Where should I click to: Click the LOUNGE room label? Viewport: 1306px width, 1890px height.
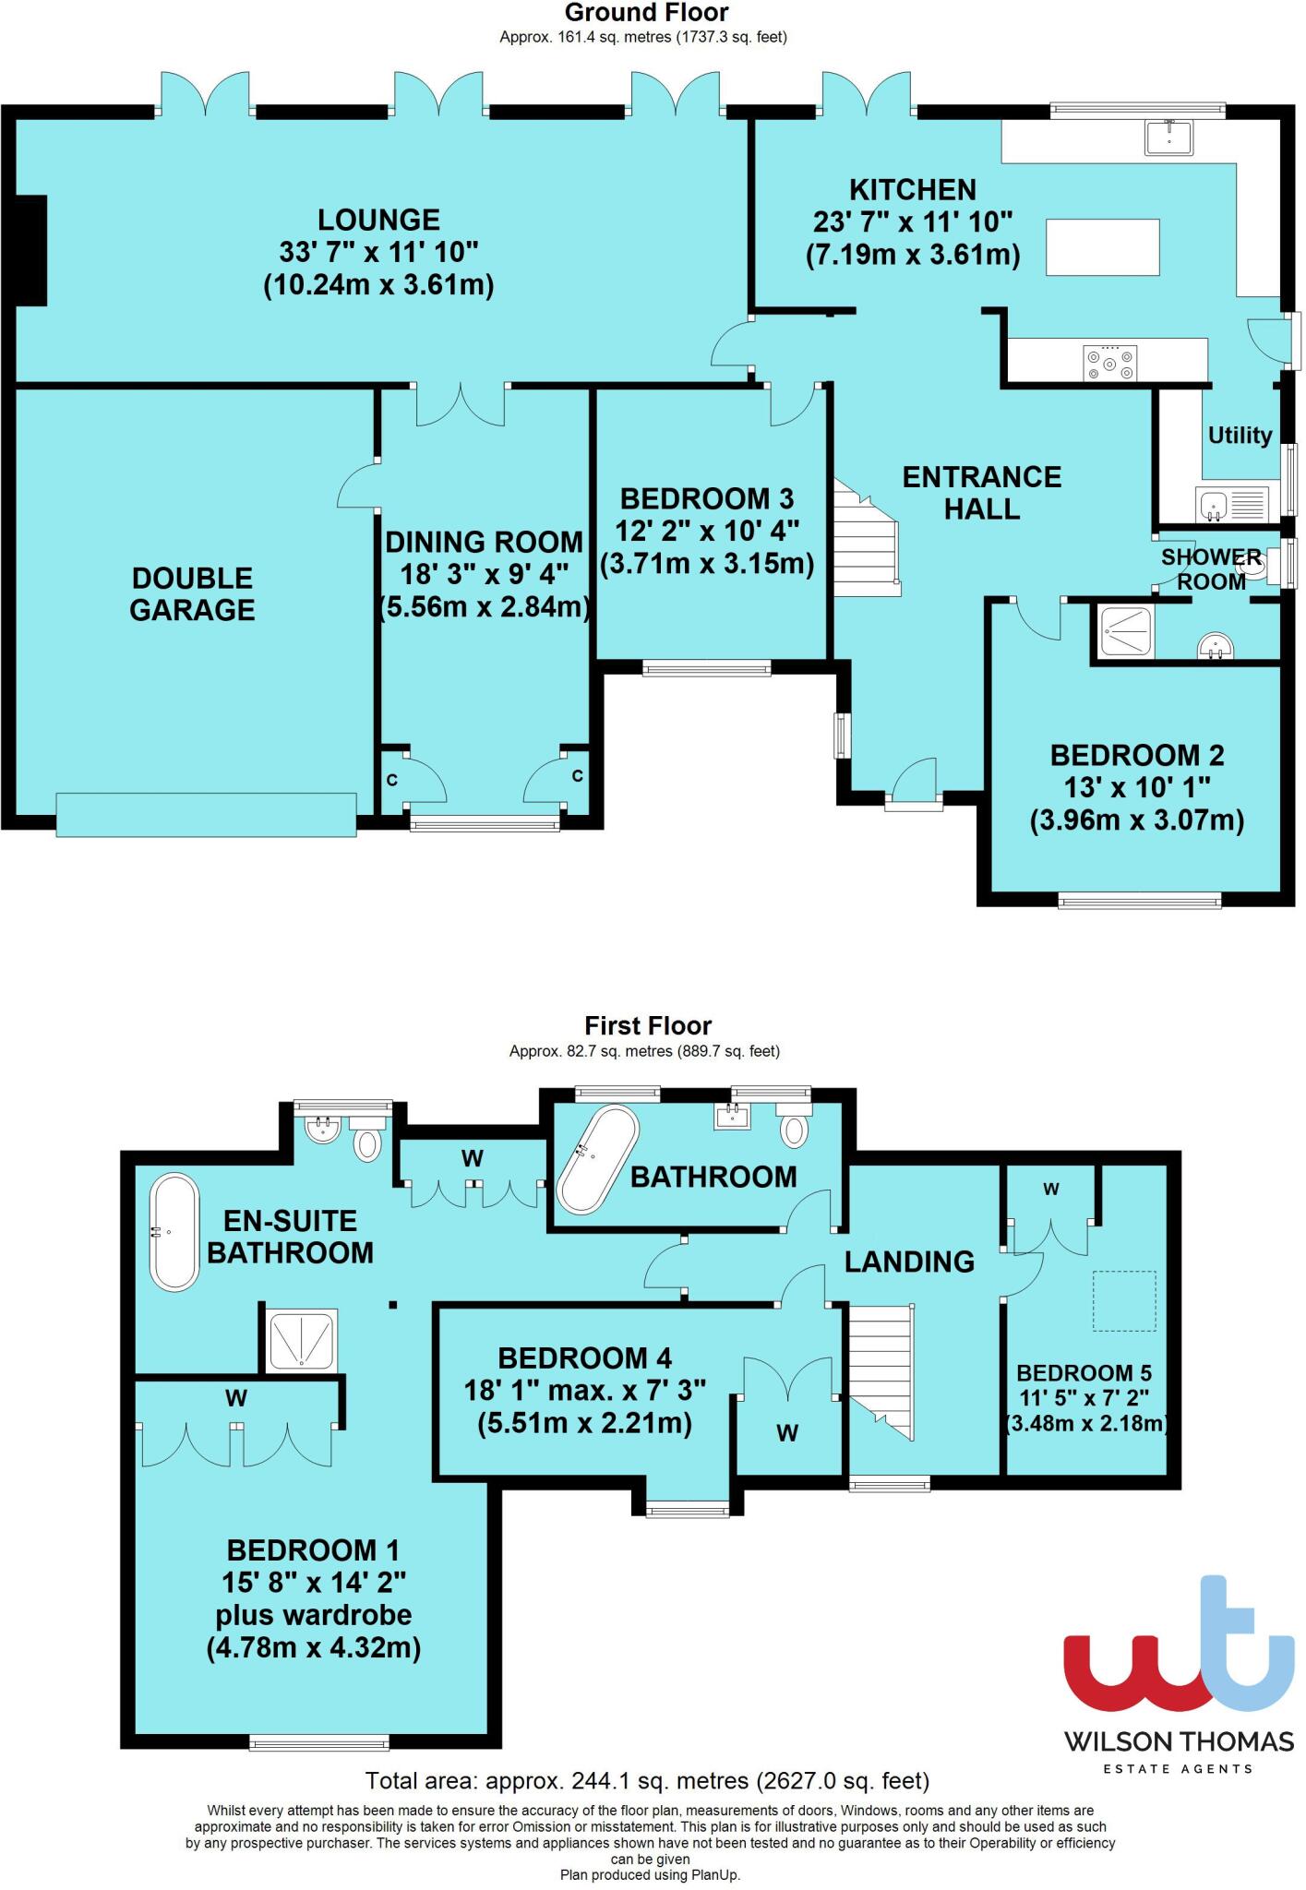tap(378, 220)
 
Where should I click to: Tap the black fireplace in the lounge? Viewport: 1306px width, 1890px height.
tap(30, 250)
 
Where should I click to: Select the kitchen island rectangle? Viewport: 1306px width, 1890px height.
tap(1102, 246)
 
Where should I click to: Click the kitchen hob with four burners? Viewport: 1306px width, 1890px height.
tap(1110, 362)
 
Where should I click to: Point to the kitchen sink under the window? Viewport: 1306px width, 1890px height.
tap(1169, 137)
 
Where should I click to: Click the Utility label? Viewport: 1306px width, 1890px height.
tap(1240, 435)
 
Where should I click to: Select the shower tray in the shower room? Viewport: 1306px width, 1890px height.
tap(1125, 631)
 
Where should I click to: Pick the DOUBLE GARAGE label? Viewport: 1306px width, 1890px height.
tap(192, 593)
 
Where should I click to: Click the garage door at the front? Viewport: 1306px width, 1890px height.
tap(206, 815)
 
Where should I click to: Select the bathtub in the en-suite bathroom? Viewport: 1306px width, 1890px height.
tap(174, 1232)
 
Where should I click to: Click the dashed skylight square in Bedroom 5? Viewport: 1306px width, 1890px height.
tap(1124, 1300)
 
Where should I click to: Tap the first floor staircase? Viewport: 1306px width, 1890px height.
tap(881, 1373)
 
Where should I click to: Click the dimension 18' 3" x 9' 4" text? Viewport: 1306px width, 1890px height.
tap(485, 574)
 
